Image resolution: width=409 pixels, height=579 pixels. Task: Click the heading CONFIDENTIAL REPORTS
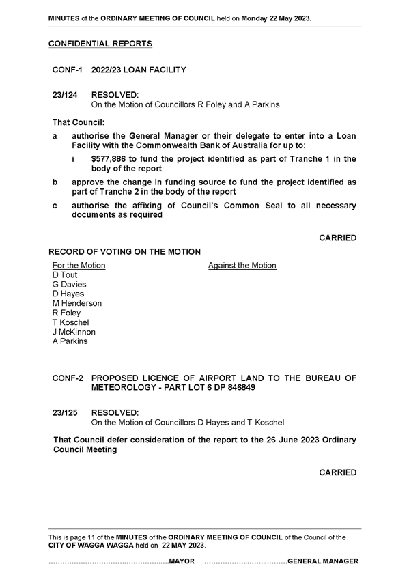[100, 44]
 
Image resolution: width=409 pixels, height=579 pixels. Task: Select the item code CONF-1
[67, 70]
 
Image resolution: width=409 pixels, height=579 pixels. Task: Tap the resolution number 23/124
[65, 95]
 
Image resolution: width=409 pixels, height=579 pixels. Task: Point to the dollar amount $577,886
[109, 159]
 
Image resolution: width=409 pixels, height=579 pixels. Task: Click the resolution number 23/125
[65, 413]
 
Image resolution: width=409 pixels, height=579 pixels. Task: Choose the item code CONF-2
[68, 378]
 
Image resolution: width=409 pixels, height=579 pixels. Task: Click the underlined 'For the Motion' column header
[79, 265]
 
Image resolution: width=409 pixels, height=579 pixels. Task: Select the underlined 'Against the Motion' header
[242, 265]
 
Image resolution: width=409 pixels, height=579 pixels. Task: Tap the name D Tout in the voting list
[65, 274]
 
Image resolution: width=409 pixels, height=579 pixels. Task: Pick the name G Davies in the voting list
[70, 284]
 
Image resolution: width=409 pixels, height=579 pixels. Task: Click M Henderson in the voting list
[77, 303]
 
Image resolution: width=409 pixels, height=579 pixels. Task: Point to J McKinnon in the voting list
[74, 332]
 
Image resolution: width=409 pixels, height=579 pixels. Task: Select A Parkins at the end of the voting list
[70, 341]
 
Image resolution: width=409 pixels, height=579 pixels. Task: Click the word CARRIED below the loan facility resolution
[338, 238]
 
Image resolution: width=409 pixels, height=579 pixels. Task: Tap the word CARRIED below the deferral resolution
[338, 472]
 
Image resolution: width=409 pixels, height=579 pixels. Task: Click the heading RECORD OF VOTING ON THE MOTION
[125, 252]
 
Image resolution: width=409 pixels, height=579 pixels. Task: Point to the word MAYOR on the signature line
[182, 561]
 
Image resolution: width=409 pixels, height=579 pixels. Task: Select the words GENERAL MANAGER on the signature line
[323, 561]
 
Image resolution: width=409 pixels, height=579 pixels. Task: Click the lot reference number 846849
[242, 388]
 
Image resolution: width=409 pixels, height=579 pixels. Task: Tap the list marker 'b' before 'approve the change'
[55, 182]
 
